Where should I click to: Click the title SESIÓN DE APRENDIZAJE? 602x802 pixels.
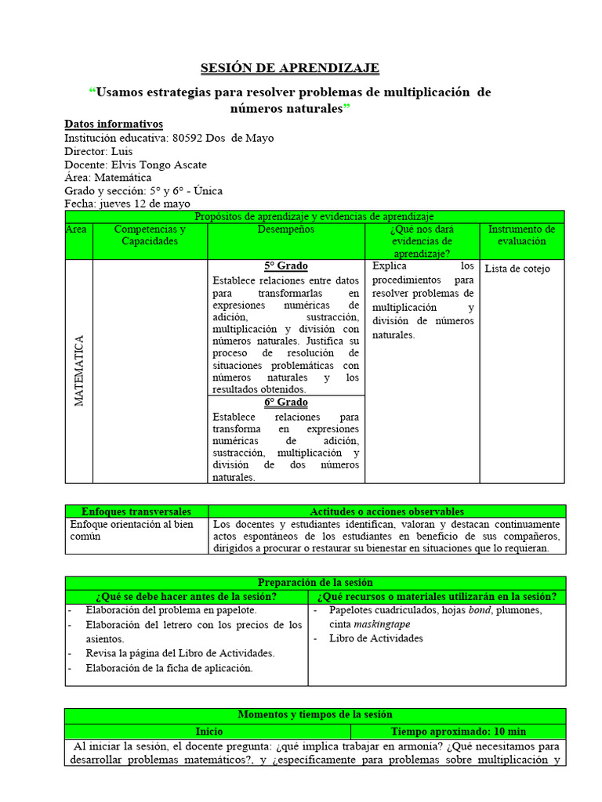(290, 69)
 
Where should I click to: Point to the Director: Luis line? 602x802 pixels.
(99, 151)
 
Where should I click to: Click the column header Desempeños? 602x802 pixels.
(285, 229)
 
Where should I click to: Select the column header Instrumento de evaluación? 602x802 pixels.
(521, 235)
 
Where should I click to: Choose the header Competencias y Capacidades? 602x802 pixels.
(150, 235)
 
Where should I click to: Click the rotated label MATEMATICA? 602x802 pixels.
(79, 370)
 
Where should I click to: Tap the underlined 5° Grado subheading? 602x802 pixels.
(285, 266)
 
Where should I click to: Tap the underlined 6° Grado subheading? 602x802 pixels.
(285, 403)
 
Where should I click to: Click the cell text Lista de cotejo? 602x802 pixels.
(517, 269)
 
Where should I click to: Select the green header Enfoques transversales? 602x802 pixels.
(136, 511)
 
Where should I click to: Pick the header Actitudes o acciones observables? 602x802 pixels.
(386, 511)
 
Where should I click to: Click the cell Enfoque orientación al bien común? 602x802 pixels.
(132, 530)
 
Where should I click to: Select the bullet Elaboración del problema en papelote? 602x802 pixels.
(171, 610)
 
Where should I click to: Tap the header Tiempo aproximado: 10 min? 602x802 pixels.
(459, 732)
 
